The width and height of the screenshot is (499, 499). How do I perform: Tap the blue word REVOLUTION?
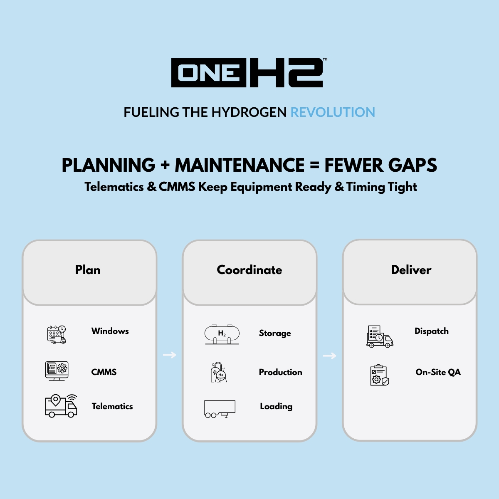[x=333, y=112]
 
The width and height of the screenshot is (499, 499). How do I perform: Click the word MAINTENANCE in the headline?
[x=240, y=165]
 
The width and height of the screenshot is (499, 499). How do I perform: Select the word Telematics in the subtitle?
[x=114, y=187]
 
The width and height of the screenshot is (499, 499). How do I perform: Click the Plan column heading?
[x=88, y=270]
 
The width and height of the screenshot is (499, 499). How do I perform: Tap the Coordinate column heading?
[x=249, y=270]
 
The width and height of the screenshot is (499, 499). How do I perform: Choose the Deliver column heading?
[x=411, y=270]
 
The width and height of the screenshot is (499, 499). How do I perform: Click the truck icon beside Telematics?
[x=61, y=406]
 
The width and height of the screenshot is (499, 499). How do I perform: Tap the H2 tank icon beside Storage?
[x=222, y=334]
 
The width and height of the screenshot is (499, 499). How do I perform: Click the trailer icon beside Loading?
[x=220, y=409]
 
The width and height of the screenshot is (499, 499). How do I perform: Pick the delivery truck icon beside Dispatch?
[x=379, y=336]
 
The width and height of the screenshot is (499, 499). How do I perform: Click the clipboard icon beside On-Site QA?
[x=379, y=375]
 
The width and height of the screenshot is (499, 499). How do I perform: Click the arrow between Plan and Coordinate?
[x=169, y=355]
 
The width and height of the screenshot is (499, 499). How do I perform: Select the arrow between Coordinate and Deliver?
[x=329, y=356]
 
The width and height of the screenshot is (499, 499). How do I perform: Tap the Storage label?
[x=275, y=333]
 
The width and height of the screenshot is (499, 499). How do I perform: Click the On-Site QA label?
[x=438, y=372]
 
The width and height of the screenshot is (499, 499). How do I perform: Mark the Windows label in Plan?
[x=110, y=331]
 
